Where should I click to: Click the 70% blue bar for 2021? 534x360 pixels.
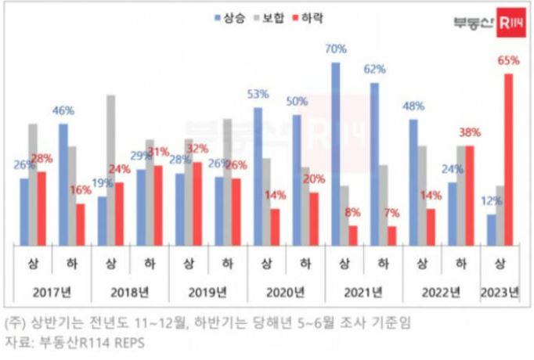tap(335, 153)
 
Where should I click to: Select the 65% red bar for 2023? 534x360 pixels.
tap(510, 159)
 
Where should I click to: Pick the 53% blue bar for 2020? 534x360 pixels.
tap(258, 175)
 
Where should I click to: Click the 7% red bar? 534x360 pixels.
tap(391, 235)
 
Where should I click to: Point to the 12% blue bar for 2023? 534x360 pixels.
tap(491, 229)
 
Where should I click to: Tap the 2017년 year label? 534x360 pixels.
tap(52, 293)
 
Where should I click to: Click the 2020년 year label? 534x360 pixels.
tap(286, 293)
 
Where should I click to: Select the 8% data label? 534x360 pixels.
tap(353, 211)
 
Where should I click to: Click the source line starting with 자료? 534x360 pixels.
tap(74, 343)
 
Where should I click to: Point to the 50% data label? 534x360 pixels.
tap(297, 103)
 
